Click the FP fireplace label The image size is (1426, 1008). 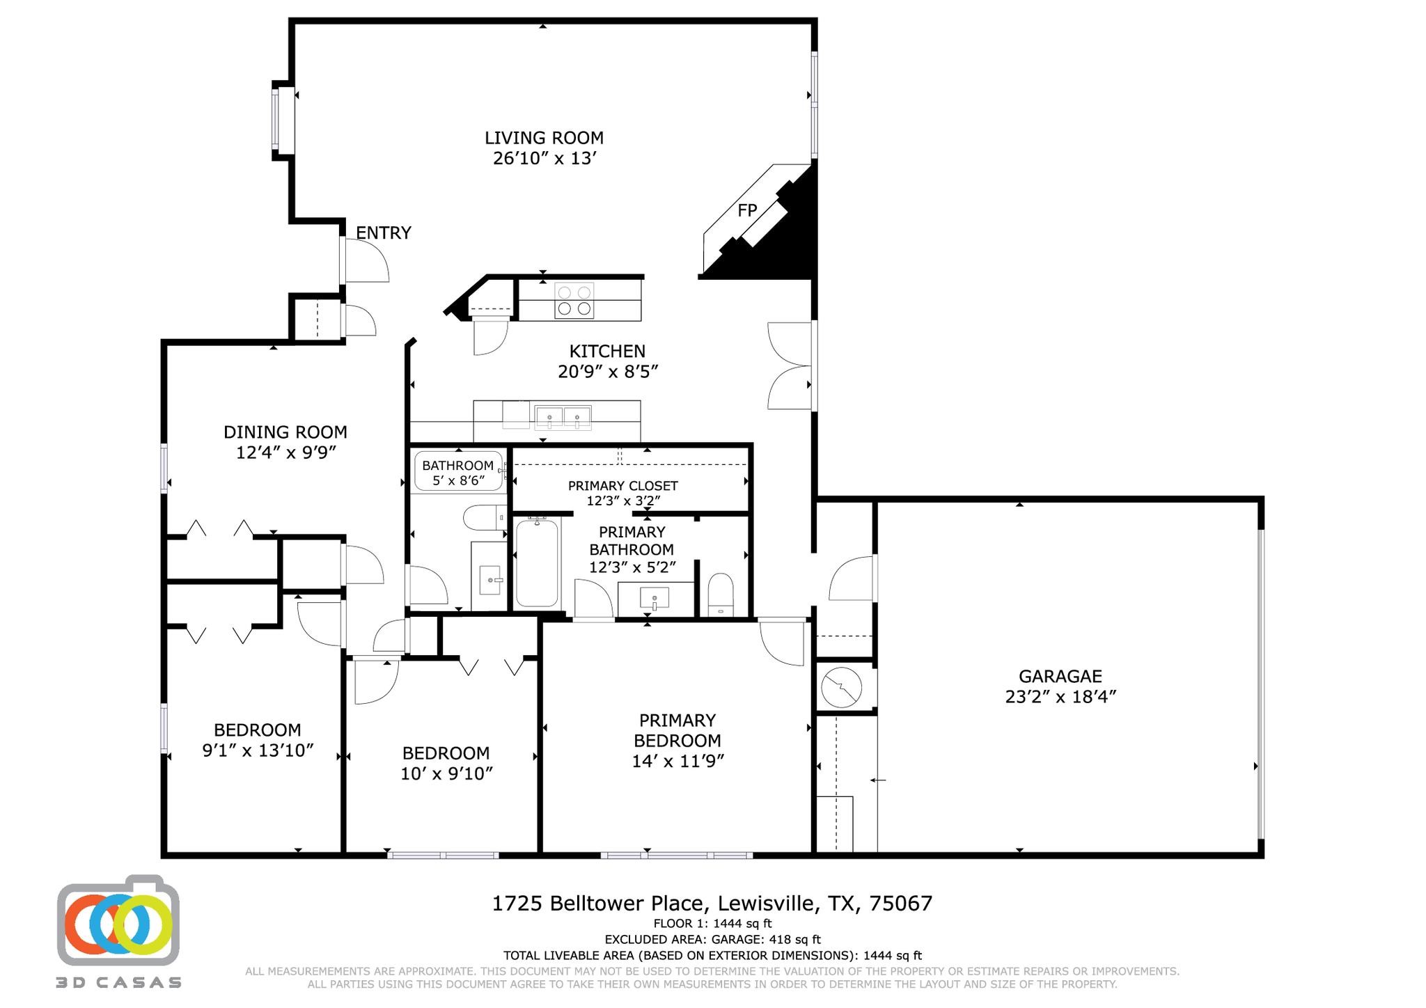(x=747, y=210)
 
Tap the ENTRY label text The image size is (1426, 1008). (x=384, y=233)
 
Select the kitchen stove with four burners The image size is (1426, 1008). (x=574, y=301)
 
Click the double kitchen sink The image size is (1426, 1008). (x=563, y=417)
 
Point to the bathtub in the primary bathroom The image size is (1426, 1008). (x=537, y=563)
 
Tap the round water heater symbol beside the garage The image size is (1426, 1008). (x=842, y=688)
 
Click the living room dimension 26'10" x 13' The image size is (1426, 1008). (x=545, y=159)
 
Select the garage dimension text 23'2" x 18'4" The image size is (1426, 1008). (x=1060, y=697)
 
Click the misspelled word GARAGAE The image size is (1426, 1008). (x=1060, y=676)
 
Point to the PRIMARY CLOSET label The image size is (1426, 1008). (x=623, y=486)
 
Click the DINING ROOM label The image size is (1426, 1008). (x=285, y=432)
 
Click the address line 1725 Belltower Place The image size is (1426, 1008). (x=600, y=904)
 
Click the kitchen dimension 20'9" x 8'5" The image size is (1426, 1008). (x=608, y=372)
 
